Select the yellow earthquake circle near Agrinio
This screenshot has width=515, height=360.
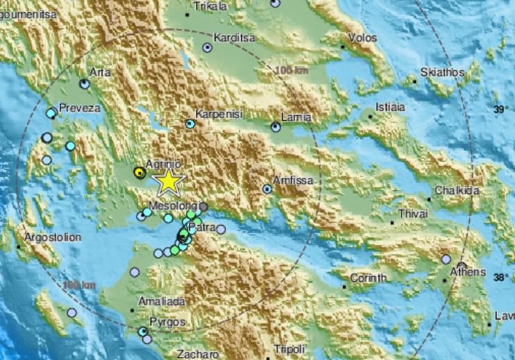pyautogui.click(x=139, y=173)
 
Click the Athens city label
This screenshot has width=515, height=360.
pyautogui.click(x=469, y=271)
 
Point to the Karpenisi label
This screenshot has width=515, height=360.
pyautogui.click(x=218, y=114)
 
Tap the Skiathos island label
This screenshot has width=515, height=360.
pyautogui.click(x=441, y=72)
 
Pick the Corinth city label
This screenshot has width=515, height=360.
pyautogui.click(x=367, y=277)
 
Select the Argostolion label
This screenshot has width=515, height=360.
pyautogui.click(x=51, y=238)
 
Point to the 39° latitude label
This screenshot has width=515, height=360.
pyautogui.click(x=501, y=109)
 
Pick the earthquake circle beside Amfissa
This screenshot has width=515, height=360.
pyautogui.click(x=268, y=189)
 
